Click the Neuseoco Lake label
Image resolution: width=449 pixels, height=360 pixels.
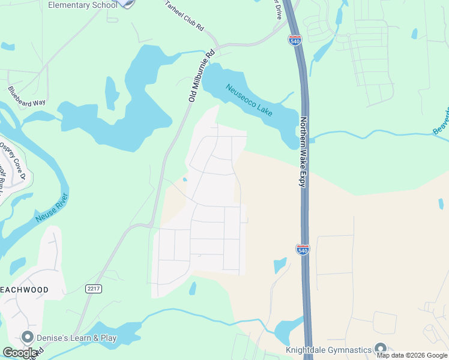coord(249,100)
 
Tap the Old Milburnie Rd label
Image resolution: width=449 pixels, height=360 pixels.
coord(201,76)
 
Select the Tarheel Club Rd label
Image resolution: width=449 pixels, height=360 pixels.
coord(184,16)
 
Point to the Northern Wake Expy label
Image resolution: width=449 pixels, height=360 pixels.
coord(304,152)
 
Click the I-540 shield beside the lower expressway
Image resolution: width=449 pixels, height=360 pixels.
coord(303,250)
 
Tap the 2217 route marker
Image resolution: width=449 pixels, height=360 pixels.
coord(93,289)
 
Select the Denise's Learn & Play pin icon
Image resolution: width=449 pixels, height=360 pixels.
coord(26,338)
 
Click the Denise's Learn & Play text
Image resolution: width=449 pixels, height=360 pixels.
coord(76,338)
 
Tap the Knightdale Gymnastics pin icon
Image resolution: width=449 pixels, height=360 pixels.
coord(380,348)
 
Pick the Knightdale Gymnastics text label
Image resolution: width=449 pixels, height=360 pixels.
coord(329,349)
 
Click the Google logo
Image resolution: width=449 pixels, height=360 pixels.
coord(20,353)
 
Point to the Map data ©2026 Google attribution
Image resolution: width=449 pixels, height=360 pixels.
coord(412,355)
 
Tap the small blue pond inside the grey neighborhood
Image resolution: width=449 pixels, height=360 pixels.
coord(185,179)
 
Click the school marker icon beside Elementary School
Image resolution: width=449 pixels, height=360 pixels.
coord(127,3)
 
